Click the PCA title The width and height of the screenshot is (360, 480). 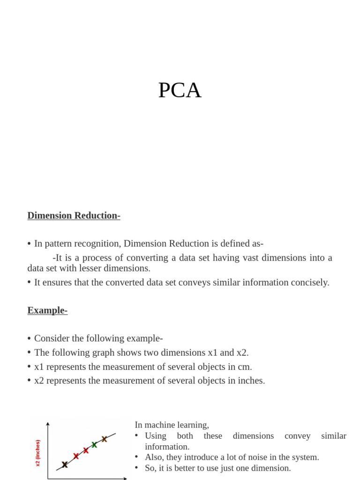coord(180,90)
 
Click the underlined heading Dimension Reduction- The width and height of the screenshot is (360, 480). coord(74,216)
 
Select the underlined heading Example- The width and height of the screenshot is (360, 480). coord(47,310)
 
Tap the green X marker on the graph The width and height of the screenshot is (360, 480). coord(94,444)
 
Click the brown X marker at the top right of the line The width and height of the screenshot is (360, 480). coord(105,439)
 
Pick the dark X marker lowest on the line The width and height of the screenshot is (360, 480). coord(65,465)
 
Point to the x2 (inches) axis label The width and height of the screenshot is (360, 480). coord(38,453)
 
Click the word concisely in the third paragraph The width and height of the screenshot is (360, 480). coord(311,282)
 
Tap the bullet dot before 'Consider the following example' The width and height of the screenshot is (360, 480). coord(29,339)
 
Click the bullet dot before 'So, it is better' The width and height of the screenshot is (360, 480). coord(136,468)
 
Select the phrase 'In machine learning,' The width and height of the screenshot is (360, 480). coord(172,425)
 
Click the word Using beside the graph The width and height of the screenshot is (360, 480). coord(156,436)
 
